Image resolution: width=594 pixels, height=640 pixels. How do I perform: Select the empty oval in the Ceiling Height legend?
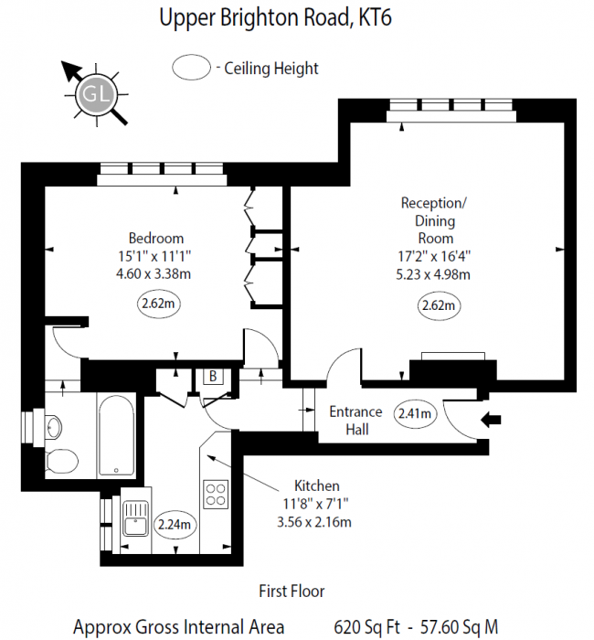pyautogui.click(x=191, y=68)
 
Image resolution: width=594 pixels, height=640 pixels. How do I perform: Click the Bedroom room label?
pyautogui.click(x=155, y=239)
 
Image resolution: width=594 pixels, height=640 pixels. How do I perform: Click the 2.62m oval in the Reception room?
pyautogui.click(x=437, y=305)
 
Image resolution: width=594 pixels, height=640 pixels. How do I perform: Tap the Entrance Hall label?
pyautogui.click(x=355, y=421)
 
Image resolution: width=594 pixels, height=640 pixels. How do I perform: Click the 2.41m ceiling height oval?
pyautogui.click(x=416, y=413)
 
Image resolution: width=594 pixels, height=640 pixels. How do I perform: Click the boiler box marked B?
pyautogui.click(x=212, y=377)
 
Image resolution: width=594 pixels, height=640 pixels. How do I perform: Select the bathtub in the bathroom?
pyautogui.click(x=116, y=436)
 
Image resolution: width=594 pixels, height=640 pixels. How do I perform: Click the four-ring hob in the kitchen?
pyautogui.click(x=217, y=495)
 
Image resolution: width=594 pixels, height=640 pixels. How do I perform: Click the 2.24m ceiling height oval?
pyautogui.click(x=175, y=524)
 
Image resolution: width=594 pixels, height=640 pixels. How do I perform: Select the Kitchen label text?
pyautogui.click(x=316, y=485)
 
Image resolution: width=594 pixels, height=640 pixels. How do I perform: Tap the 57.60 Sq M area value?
pyautogui.click(x=460, y=627)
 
